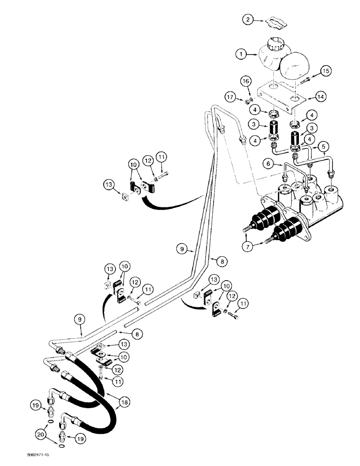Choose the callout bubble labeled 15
(x=325, y=71)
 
